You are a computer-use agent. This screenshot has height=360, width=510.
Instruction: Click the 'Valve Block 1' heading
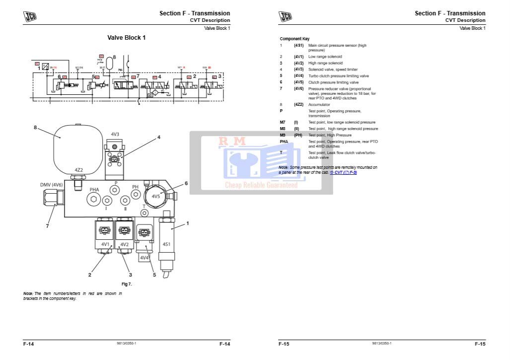pyautogui.click(x=127, y=38)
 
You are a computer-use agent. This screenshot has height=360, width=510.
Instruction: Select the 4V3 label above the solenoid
pyautogui.click(x=115, y=134)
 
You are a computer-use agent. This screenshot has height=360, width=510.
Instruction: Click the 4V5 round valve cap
pyautogui.click(x=156, y=196)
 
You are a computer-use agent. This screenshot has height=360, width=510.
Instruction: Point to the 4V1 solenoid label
pyautogui.click(x=105, y=244)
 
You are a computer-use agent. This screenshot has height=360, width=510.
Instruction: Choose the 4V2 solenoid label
pyautogui.click(x=124, y=244)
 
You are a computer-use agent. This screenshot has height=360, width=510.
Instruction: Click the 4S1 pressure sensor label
pyautogui.click(x=167, y=244)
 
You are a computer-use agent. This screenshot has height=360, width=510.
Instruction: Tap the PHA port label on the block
pyautogui.click(x=94, y=190)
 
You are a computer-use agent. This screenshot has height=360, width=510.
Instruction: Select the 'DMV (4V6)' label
pyautogui.click(x=51, y=185)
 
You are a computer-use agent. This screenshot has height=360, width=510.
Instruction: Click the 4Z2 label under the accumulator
pyautogui.click(x=78, y=170)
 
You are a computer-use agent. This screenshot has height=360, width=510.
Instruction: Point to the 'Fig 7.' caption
pyautogui.click(x=127, y=284)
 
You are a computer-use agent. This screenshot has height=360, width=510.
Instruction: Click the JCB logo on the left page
pyautogui.click(x=30, y=16)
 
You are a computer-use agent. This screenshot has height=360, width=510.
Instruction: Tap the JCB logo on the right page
pyautogui.click(x=286, y=16)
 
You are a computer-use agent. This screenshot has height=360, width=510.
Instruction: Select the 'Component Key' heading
pyautogui.click(x=294, y=39)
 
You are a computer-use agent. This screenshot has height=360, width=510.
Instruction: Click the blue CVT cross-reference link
pyautogui.click(x=343, y=172)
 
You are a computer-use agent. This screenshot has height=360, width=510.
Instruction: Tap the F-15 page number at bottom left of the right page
pyautogui.click(x=284, y=344)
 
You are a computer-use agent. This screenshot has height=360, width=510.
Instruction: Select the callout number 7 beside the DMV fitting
pyautogui.click(x=48, y=226)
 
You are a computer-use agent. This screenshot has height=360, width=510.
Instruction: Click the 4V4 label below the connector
pyautogui.click(x=145, y=258)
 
